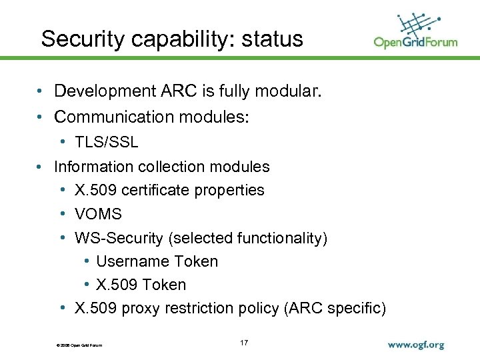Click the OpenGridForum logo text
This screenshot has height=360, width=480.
click(415, 42)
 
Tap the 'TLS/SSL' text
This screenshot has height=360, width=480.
click(106, 142)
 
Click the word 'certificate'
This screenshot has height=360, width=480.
click(154, 190)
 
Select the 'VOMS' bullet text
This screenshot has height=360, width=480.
click(98, 214)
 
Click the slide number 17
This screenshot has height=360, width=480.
click(244, 343)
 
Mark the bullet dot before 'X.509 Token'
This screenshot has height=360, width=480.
click(88, 285)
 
